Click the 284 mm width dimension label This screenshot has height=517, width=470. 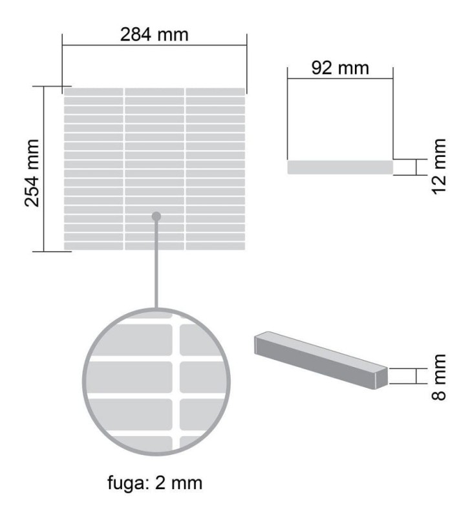[155, 35]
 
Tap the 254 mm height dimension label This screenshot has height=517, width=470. [32, 173]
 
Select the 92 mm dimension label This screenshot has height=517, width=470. [340, 68]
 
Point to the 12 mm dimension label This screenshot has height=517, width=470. [439, 167]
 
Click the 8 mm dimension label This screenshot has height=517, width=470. [439, 377]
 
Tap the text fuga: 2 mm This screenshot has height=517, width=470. [155, 483]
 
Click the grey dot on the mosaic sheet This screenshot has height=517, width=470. [156, 216]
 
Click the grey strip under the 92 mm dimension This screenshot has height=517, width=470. [340, 167]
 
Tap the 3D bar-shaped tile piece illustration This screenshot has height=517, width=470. [321, 360]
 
